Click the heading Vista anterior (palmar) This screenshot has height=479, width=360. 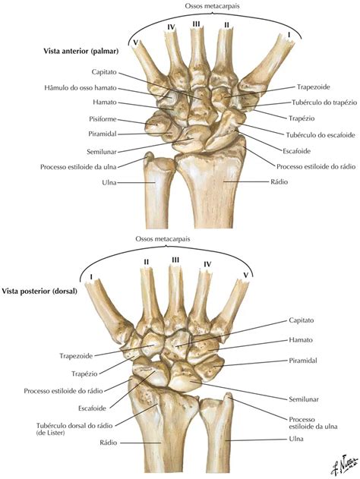tap(81, 51)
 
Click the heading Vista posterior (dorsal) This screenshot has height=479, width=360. tap(39, 291)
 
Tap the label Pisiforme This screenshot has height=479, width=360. tap(103, 119)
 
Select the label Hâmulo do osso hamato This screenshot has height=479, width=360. tap(81, 88)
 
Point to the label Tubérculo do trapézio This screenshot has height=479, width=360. tap(324, 102)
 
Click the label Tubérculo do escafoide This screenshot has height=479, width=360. tap(321, 135)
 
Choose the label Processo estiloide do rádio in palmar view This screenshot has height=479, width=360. tap(316, 167)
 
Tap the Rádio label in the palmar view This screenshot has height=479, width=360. tap(279, 181)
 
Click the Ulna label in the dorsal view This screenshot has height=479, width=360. tap(296, 439)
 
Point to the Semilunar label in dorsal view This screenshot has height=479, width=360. tap(304, 399)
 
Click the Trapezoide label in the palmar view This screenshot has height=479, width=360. tap(314, 87)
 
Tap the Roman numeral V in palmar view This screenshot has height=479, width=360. tap(134, 43)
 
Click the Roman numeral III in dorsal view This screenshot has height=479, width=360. tap(175, 260)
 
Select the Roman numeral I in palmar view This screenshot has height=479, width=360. tap(289, 35)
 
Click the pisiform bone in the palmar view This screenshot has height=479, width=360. tap(156, 123)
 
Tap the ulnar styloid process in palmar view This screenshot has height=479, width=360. tap(149, 156)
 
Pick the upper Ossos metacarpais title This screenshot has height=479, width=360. tap(212, 6)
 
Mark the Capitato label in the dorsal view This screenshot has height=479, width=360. tap(302, 320)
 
